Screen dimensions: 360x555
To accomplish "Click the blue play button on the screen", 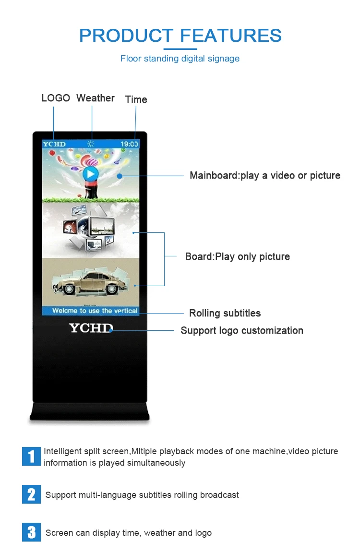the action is (x=90, y=174).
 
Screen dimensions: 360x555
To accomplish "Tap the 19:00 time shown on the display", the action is (x=129, y=144).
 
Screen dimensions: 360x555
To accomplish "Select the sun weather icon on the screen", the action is (x=91, y=144).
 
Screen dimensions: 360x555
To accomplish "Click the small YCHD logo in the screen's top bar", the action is (x=54, y=144).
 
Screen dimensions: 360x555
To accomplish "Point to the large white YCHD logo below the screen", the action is (x=91, y=328).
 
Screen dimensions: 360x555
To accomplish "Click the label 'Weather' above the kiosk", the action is (x=95, y=98).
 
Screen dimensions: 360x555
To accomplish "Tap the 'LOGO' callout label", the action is (x=56, y=98).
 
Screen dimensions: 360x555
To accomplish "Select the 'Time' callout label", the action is (x=136, y=99).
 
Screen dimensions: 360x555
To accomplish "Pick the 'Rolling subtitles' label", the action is (x=225, y=313).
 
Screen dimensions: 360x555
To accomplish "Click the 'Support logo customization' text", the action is (x=241, y=330).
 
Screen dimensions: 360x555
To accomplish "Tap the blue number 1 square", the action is (x=31, y=456).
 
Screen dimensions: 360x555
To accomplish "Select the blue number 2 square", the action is (x=31, y=495).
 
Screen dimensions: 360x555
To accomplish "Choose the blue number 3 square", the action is (x=31, y=532).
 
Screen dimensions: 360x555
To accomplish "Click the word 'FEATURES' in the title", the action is (x=231, y=36).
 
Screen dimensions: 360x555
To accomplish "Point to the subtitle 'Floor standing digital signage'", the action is (x=180, y=59).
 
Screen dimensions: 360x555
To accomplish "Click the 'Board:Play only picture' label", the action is (x=237, y=256).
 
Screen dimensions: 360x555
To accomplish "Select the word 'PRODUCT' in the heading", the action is (x=126, y=36).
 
